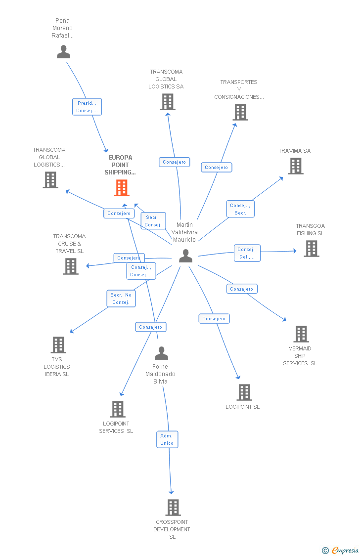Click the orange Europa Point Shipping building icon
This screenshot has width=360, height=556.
pyautogui.click(x=122, y=188)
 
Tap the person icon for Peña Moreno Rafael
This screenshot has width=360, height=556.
pyautogui.click(x=63, y=52)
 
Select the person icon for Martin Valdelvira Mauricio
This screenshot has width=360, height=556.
pyautogui.click(x=185, y=256)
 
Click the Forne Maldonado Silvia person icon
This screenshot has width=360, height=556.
pyautogui.click(x=161, y=353)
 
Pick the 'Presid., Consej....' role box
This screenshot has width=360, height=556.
pyautogui.click(x=87, y=107)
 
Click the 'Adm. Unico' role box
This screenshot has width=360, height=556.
pyautogui.click(x=167, y=439)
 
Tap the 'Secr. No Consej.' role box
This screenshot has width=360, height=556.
pyautogui.click(x=121, y=299)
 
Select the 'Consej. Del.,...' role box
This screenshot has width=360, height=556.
pyautogui.click(x=247, y=253)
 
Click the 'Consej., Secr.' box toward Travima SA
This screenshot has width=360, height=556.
pyautogui.click(x=240, y=209)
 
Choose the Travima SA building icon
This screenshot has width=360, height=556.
pyautogui.click(x=296, y=166)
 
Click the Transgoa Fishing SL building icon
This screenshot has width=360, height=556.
pyautogui.click(x=312, y=248)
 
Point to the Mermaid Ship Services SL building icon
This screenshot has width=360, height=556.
pyautogui.click(x=301, y=334)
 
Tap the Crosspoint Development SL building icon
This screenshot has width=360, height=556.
pyautogui.click(x=173, y=508)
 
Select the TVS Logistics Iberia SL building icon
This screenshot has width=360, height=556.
pyautogui.click(x=58, y=345)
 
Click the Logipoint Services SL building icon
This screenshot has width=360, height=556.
pyautogui.click(x=118, y=409)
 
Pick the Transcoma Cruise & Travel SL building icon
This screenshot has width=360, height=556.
pyautogui.click(x=71, y=266)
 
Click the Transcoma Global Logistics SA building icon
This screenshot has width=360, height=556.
pyautogui.click(x=168, y=102)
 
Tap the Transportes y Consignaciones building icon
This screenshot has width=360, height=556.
pyautogui.click(x=240, y=112)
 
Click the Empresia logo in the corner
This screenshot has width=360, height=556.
pyautogui.click(x=341, y=550)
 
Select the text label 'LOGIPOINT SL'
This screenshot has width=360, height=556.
pyautogui.click(x=243, y=407)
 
